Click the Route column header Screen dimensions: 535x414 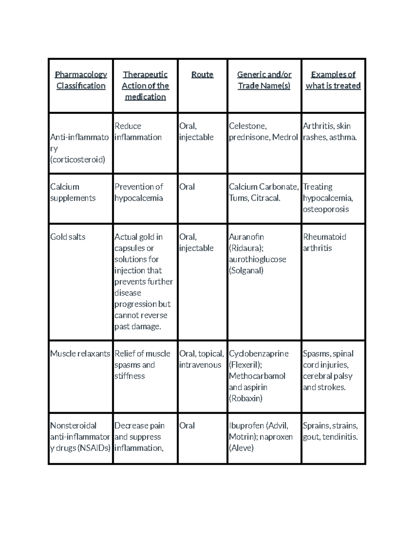pos(202,74)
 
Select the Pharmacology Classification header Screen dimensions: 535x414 pos(81,80)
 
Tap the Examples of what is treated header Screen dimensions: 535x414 pos(333,80)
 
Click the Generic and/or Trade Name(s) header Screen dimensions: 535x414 pos(264,80)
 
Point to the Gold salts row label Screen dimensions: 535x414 pos(68,237)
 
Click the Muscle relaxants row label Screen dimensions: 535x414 pos(80,354)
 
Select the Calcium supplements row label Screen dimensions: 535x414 pos(73,193)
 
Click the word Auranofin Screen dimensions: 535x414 pos(246,237)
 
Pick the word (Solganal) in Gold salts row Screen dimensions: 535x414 pos(246,271)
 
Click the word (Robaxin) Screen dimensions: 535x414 pos(246,399)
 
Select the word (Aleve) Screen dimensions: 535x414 pos(241,448)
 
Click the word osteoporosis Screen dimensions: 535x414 pos(326,209)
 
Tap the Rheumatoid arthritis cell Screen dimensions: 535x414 pos(324,243)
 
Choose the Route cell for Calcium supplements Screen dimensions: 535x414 pos(187,187)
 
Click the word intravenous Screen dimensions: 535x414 pos(200,365)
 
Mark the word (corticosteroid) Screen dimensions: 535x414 pos(78,160)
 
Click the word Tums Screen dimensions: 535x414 pos(238,198)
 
